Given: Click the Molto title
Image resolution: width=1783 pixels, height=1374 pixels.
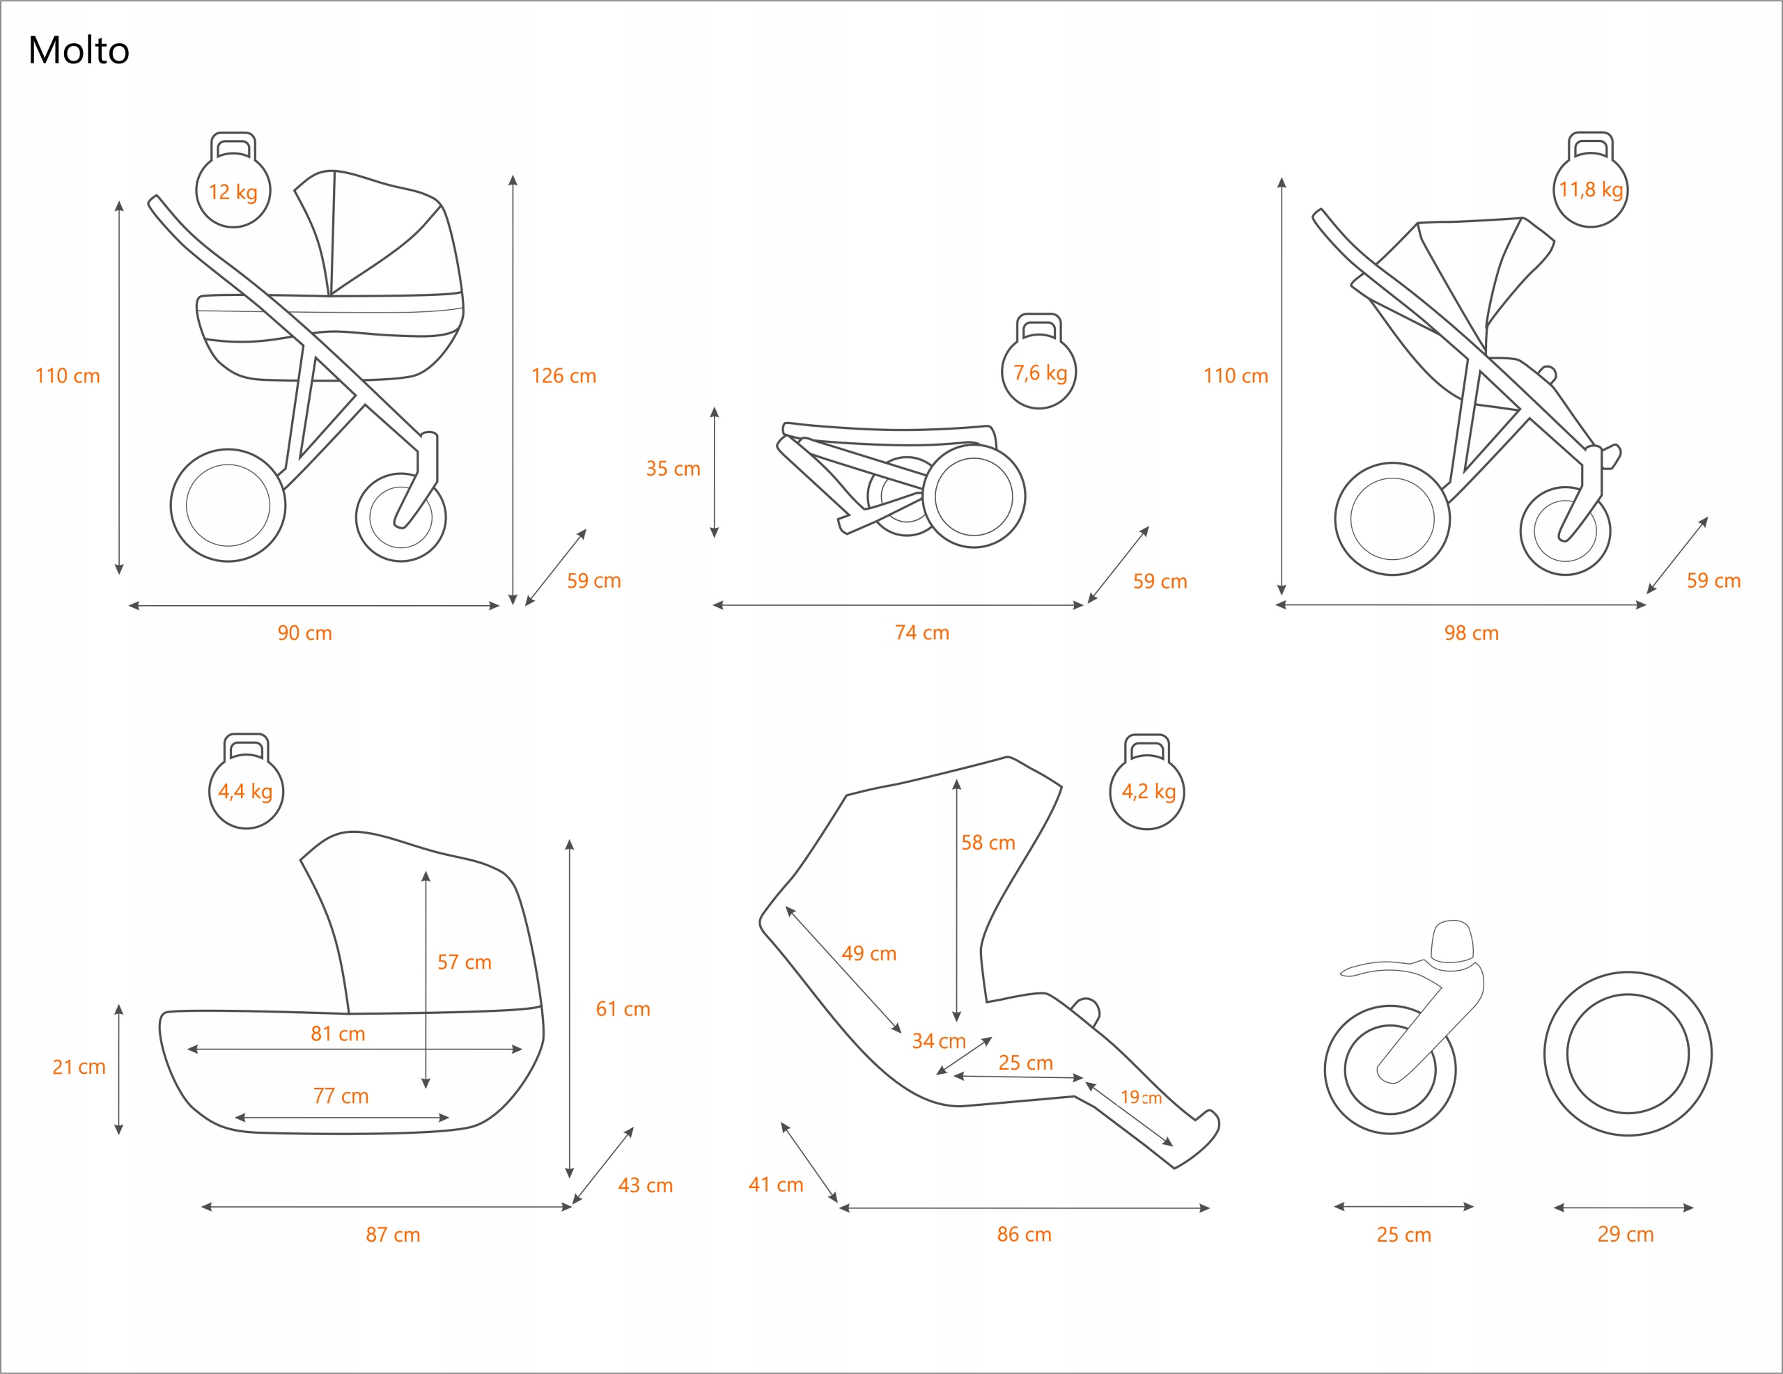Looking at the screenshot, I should click(x=79, y=51).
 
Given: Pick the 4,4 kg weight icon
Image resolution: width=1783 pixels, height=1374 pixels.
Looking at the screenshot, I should click(x=246, y=790).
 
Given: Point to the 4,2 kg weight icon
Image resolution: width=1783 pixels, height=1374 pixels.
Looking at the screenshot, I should click(x=1147, y=790).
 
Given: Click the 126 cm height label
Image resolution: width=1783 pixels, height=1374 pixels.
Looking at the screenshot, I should click(x=563, y=375).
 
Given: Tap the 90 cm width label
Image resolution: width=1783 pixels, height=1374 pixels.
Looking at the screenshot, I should click(x=304, y=633).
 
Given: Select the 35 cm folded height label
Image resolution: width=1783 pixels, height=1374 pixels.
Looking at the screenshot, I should click(x=673, y=469).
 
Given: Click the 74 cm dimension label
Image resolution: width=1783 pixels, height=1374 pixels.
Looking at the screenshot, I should click(x=921, y=633).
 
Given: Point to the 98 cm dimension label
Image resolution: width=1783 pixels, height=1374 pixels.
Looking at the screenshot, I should click(x=1471, y=633).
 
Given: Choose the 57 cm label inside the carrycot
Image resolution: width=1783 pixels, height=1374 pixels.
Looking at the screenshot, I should click(x=464, y=962).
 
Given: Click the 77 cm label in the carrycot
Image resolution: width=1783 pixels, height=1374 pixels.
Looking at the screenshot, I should click(x=341, y=1095).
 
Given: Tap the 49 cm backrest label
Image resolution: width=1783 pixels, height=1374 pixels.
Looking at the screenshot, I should click(x=869, y=953).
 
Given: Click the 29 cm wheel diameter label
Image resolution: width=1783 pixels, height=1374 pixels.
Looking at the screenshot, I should click(x=1626, y=1235).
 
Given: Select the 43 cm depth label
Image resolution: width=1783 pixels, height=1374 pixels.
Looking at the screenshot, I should click(x=645, y=1185).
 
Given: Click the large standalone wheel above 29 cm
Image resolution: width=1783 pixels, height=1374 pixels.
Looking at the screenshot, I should click(x=1627, y=1053).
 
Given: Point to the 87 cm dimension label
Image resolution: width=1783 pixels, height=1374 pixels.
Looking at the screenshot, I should click(x=393, y=1235).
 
